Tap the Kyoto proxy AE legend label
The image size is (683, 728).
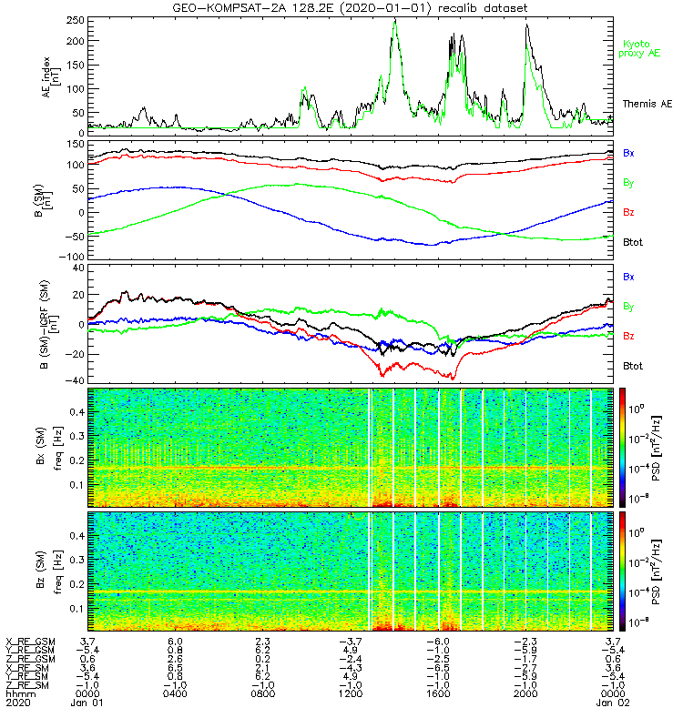click(639, 49)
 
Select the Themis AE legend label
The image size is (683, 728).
click(647, 104)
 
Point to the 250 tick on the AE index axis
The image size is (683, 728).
click(76, 21)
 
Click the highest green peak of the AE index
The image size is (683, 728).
click(395, 21)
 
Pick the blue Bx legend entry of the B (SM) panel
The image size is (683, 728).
click(628, 153)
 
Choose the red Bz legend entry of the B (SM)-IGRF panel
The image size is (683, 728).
click(628, 336)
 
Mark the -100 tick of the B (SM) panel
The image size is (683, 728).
click(72, 257)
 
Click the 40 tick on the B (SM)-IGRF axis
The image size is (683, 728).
click(78, 268)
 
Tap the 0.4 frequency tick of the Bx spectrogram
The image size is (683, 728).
click(76, 412)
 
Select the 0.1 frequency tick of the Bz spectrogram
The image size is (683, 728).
click(76, 609)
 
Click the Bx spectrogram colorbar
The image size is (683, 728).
click(622, 448)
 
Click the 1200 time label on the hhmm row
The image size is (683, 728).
click(351, 693)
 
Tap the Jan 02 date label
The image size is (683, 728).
click(613, 703)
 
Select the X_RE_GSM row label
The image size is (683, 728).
click(30, 642)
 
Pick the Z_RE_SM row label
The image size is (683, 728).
click(27, 685)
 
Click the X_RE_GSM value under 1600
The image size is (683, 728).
click(438, 642)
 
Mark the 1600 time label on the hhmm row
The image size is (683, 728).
click(438, 693)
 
